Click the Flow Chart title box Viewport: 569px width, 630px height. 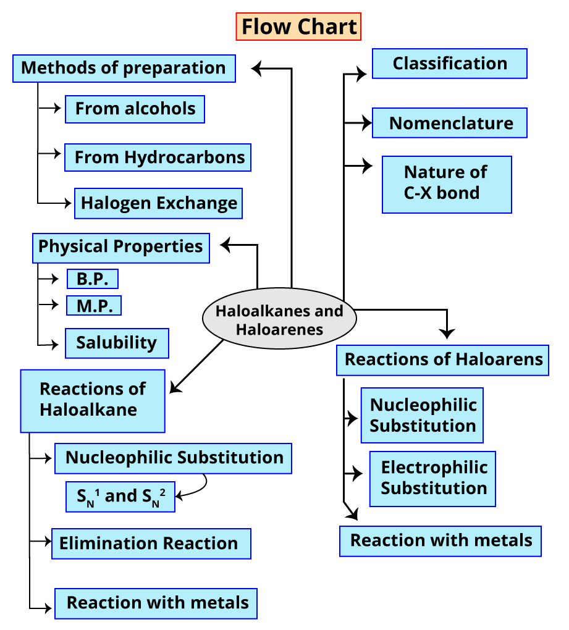click(298, 27)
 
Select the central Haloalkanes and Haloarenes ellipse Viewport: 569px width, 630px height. click(279, 319)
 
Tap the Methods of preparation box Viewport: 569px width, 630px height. click(124, 68)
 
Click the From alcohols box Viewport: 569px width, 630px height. click(135, 109)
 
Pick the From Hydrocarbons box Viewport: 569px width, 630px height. click(158, 157)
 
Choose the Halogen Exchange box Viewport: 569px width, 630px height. click(158, 204)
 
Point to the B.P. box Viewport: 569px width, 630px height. click(93, 279)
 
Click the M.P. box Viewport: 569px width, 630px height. click(94, 306)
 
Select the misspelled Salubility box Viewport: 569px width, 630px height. click(117, 343)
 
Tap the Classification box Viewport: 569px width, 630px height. click(449, 64)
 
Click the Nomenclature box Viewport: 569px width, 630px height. click(450, 123)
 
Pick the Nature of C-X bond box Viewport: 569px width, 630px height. click(447, 183)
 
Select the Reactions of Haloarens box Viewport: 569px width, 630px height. click(442, 359)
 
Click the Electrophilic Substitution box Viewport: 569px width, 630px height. click(433, 479)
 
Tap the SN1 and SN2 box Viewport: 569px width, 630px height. click(120, 497)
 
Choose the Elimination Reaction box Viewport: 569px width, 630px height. click(151, 544)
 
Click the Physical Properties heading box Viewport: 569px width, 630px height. click(120, 247)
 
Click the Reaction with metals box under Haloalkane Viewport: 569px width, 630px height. click(156, 603)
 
